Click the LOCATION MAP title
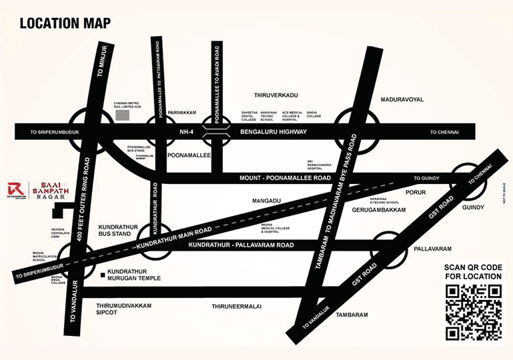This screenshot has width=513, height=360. coord(65,23)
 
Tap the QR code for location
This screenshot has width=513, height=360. coord(473,311)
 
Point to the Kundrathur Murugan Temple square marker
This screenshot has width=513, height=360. coord(101,274)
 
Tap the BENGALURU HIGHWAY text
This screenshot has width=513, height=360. coord(274,132)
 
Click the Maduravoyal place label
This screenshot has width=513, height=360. coord(402,99)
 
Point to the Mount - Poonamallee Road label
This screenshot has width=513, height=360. coord(285,179)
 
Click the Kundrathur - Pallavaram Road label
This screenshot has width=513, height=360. coord(241,245)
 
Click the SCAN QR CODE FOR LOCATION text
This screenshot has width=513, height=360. coord(473,271)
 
